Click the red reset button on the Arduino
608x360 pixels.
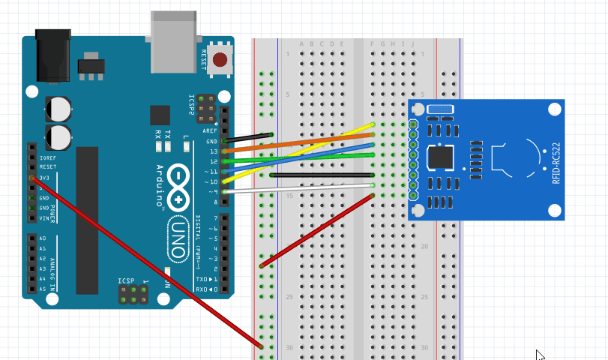220,60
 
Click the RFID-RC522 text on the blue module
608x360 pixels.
556,163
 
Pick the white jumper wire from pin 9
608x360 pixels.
300,188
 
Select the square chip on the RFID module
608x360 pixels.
439,159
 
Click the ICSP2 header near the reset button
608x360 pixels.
204,109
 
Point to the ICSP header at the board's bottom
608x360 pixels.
132,295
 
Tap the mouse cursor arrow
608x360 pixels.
540,355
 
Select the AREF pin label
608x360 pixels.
210,130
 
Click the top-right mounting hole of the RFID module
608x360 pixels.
553,109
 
